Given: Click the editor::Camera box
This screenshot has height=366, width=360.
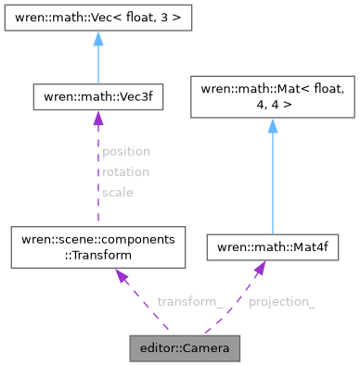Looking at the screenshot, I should (x=185, y=349).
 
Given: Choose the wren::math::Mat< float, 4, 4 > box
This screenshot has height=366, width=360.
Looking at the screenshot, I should (x=272, y=95).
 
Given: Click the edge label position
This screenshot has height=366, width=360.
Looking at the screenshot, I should (x=125, y=150).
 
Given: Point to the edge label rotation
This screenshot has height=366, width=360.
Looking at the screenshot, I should (x=125, y=171).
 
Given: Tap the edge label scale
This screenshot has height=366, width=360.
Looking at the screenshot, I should (x=118, y=193).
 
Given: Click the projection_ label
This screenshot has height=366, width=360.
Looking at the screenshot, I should (x=282, y=302).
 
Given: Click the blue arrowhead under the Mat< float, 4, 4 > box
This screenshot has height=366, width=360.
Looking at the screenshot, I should (x=272, y=126).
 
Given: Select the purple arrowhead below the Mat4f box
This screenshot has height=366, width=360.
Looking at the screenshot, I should (x=260, y=268).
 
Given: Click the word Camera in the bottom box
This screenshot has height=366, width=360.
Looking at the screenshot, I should (x=207, y=349).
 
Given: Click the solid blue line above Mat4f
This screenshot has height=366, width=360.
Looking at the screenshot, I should (x=272, y=185).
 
